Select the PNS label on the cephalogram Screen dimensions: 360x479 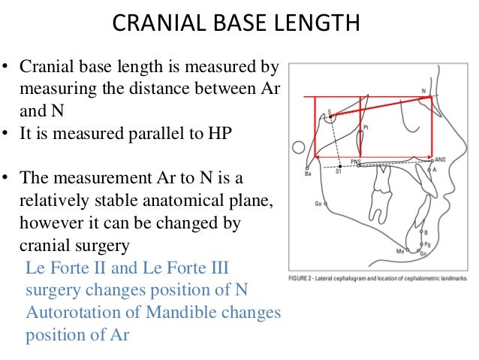(x=356, y=162)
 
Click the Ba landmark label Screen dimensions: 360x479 (x=308, y=174)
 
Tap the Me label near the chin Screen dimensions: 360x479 (x=400, y=251)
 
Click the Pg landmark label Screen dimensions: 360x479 (x=427, y=244)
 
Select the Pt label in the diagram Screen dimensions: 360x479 (x=366, y=128)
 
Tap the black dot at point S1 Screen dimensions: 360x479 (x=340, y=165)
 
